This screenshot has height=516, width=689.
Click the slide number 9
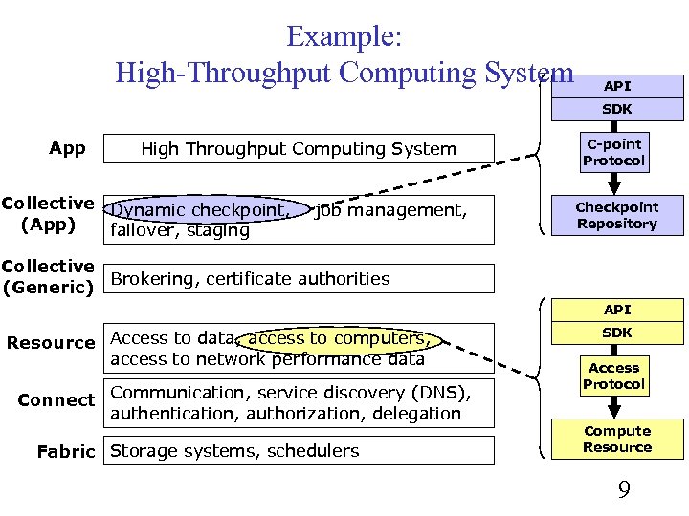click(623, 490)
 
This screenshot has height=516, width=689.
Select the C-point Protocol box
click(614, 153)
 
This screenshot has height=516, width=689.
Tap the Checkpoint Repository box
click(616, 215)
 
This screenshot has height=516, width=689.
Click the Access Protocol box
click(614, 376)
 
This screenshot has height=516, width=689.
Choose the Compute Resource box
click(616, 439)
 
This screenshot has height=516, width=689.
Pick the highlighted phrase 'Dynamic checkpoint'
click(198, 209)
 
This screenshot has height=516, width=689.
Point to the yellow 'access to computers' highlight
click(339, 338)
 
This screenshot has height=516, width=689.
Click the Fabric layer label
click(66, 451)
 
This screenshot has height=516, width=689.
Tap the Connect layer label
click(56, 400)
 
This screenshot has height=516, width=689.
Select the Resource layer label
click(51, 342)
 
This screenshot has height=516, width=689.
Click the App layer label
click(67, 148)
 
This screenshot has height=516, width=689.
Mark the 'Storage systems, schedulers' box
click(299, 451)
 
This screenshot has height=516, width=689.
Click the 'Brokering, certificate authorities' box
click(299, 279)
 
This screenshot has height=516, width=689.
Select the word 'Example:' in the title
click(344, 37)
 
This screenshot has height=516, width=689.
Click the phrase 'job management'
click(390, 209)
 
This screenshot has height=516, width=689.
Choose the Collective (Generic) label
click(48, 275)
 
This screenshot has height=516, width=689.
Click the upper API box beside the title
click(616, 86)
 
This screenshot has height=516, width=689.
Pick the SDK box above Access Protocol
click(616, 333)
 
